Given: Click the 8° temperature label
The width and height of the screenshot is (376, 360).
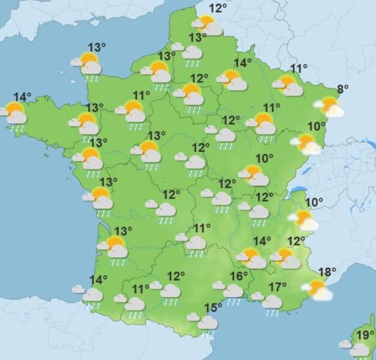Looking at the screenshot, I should (x=342, y=91).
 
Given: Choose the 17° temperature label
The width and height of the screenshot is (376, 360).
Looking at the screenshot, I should (x=277, y=287).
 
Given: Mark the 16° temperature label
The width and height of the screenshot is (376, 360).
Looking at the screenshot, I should (x=239, y=277).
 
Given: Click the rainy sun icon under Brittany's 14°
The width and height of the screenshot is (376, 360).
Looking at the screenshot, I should (x=14, y=113).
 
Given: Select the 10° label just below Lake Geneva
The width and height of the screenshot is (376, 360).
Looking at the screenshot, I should (x=314, y=202).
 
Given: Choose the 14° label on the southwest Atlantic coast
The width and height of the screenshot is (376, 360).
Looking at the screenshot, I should (x=98, y=280).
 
